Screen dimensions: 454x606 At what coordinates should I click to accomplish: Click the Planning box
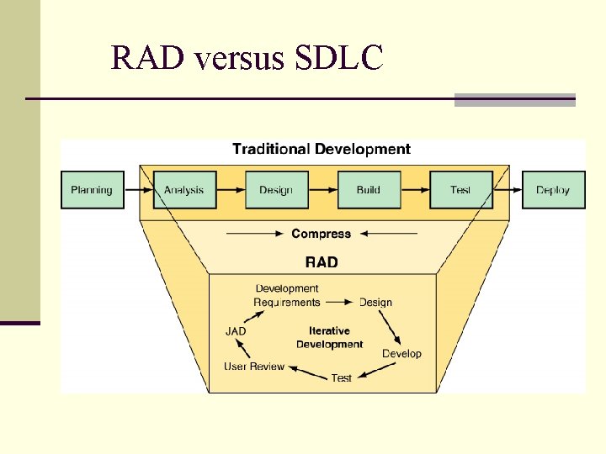tap(92, 190)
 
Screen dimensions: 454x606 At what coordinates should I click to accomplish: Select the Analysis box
tap(184, 190)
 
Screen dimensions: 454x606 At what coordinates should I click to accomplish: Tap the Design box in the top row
tap(276, 190)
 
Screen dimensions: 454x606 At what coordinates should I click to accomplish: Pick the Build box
tap(369, 190)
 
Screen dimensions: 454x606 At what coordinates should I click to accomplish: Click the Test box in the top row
tap(460, 190)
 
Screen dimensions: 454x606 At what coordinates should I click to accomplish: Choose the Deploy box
tap(553, 190)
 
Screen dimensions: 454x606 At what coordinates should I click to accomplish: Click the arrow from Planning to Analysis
tap(138, 190)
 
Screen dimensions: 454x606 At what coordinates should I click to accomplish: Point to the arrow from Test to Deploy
tap(507, 190)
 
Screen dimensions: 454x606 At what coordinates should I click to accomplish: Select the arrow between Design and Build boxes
tap(322, 190)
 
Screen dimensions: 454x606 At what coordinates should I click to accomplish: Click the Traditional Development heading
tap(322, 150)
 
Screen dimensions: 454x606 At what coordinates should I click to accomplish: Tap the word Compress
tap(322, 234)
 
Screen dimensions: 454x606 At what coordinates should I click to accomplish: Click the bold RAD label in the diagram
tap(322, 261)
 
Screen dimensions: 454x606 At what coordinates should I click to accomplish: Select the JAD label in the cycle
tap(236, 331)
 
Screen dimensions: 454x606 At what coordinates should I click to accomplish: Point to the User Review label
tap(254, 367)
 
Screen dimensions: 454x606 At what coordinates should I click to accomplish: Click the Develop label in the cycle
tap(401, 354)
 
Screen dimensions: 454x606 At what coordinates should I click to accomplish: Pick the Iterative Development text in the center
tap(329, 338)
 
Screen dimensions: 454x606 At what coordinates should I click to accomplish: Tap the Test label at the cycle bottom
tap(342, 378)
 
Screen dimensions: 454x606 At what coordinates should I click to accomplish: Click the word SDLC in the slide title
tap(339, 58)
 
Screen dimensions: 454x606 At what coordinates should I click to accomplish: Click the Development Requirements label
tap(287, 296)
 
